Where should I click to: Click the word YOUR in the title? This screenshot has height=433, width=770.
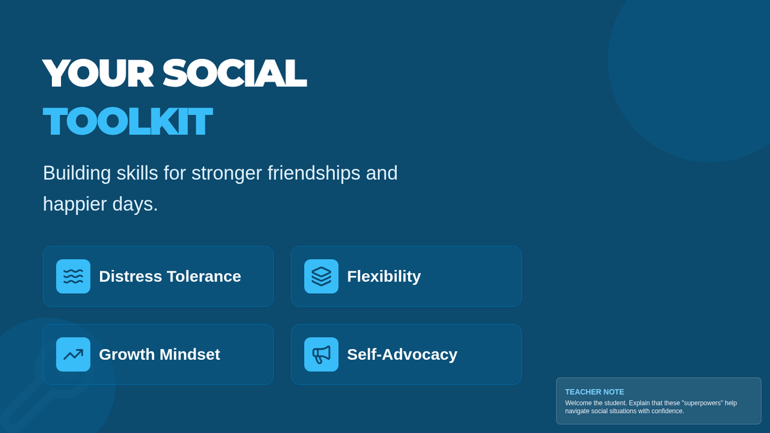[x=98, y=73]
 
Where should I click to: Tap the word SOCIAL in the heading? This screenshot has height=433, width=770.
[x=234, y=73]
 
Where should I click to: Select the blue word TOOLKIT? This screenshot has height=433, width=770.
[x=128, y=121]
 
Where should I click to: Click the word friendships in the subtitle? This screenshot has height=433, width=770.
[x=314, y=173]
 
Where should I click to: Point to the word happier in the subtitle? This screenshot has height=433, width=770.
[x=75, y=205]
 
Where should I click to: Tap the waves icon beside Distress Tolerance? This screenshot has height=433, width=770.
[x=73, y=276]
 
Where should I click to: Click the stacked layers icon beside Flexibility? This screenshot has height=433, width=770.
[x=321, y=276]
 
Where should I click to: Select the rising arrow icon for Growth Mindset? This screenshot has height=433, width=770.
[x=73, y=354]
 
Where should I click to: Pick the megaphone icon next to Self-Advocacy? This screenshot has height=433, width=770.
[x=321, y=354]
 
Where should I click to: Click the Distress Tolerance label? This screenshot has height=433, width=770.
[x=170, y=276]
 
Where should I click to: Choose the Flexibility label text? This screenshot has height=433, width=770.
[x=384, y=276]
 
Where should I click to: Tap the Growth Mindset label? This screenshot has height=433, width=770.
[x=159, y=354]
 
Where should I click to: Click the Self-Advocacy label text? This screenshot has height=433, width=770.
[x=402, y=355]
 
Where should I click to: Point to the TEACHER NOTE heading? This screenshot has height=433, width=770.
[x=594, y=392]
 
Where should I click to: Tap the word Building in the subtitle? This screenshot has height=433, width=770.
[x=76, y=173]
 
